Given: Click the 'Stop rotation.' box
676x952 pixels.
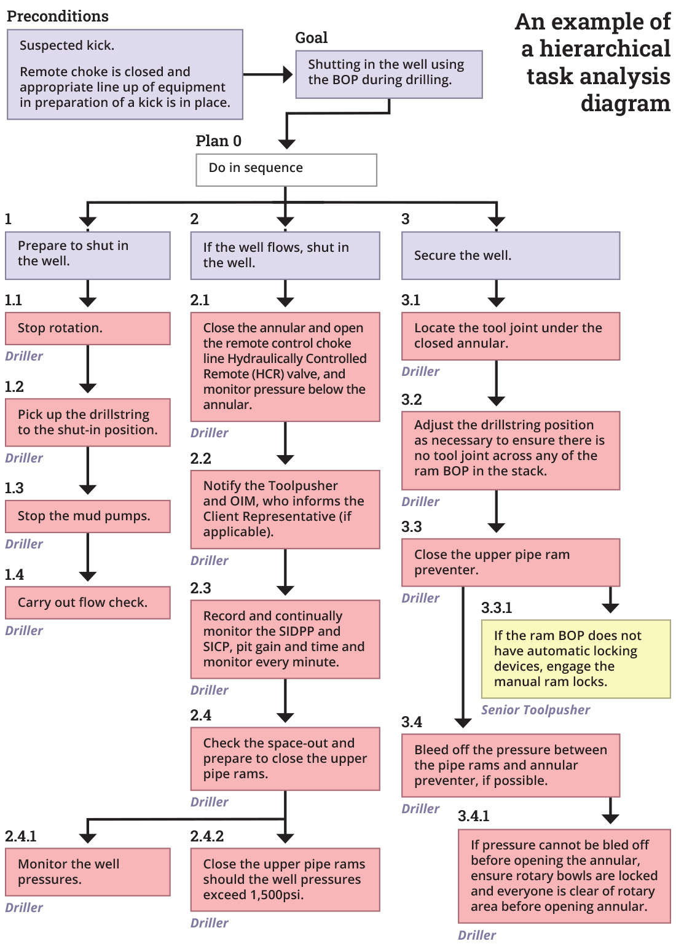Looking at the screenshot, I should coord(87,328).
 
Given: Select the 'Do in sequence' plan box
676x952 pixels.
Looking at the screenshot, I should coord(286,170).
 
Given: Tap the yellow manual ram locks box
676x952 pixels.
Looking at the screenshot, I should coord(575,658).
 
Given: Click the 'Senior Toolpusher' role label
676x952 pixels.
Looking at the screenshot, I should coord(535,710).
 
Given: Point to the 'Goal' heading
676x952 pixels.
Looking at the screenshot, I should coord(311,38).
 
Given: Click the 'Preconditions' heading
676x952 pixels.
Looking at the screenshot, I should coord(58,17).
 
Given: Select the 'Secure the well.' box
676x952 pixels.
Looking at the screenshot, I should coord(510,256).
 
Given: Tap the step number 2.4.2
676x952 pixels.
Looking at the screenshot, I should coord(207,836).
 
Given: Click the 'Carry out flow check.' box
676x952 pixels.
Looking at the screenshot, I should coord(87,603).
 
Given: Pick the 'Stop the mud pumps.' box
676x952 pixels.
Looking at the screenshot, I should coord(87,516).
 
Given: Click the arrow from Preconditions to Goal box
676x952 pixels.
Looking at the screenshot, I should coord(269,75).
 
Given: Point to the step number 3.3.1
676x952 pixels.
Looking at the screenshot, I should coord(496,608).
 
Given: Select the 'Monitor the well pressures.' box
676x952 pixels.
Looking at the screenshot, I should coord(87,872).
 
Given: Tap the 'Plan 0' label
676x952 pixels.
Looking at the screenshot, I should coord(218,141).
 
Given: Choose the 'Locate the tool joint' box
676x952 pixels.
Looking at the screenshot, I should coord(510,336).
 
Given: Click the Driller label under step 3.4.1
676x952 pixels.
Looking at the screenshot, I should coord(476,935).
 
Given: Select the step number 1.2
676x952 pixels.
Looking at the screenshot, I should coord(14,387).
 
